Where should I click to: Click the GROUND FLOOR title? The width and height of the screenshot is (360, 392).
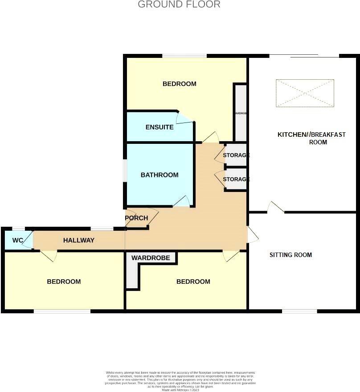(x=179, y=5)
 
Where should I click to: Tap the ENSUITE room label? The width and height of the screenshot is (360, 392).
(x=160, y=127)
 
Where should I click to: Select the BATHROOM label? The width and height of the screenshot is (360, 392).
(x=160, y=175)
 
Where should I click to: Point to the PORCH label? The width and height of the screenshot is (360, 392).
(x=136, y=218)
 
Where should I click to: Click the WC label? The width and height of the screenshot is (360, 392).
(x=17, y=241)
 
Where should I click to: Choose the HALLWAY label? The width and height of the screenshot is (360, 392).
(x=79, y=241)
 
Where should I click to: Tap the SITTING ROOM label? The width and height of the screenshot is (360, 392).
(x=290, y=255)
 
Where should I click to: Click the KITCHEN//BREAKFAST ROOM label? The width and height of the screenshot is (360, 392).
(x=311, y=138)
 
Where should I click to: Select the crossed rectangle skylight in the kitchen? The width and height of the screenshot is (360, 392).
(x=305, y=93)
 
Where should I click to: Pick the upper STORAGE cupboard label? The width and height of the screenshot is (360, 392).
(x=236, y=155)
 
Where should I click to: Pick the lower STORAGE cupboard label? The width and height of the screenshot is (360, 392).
(x=236, y=179)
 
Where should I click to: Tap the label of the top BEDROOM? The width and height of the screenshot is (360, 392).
(x=179, y=84)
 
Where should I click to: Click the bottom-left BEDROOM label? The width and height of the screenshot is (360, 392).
(x=64, y=282)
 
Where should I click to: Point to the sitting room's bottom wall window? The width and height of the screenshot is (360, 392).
(x=299, y=311)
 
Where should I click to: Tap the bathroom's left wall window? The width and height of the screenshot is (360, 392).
(x=125, y=171)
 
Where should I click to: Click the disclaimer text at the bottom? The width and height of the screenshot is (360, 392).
(x=180, y=381)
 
